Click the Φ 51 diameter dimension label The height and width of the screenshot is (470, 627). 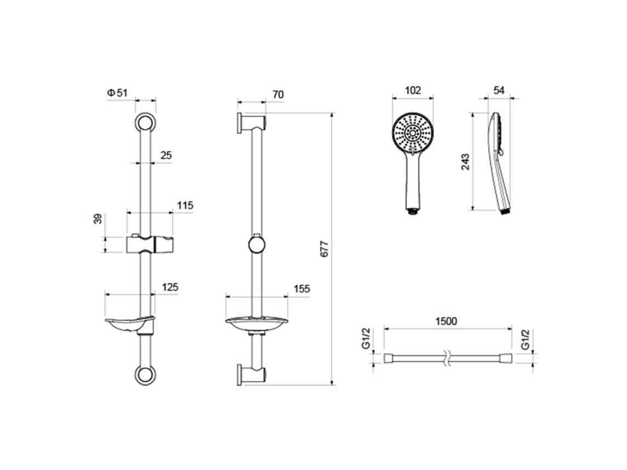[117, 93]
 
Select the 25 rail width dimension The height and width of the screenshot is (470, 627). [166, 155]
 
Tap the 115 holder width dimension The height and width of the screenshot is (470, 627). [185, 205]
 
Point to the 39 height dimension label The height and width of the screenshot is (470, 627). [98, 219]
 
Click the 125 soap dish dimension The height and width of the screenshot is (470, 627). [170, 287]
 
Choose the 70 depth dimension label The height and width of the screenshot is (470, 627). [278, 94]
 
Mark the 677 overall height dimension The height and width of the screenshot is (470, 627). [324, 249]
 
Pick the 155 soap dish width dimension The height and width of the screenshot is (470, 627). [301, 289]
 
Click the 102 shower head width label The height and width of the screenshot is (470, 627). [413, 90]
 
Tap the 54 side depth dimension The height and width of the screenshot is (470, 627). [499, 90]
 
